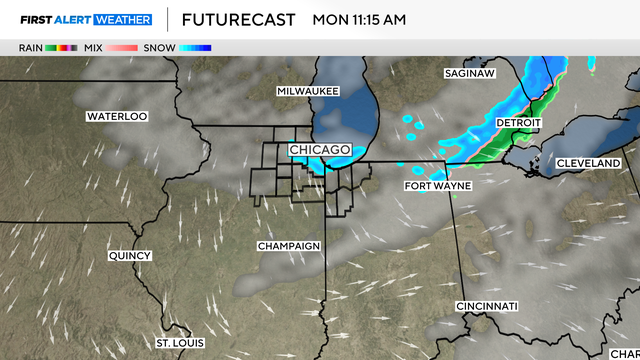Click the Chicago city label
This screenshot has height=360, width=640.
tap(320, 150)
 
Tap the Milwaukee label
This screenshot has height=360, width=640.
tap(308, 91)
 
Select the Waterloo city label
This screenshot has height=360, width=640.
tap(117, 116)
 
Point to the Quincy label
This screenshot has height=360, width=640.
tap(130, 255)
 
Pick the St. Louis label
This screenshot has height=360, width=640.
tap(181, 343)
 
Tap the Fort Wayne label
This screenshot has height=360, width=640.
tap(438, 186)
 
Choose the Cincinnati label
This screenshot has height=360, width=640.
tap(486, 305)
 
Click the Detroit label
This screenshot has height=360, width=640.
tap(518, 123)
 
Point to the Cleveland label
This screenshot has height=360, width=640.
tap(589, 162)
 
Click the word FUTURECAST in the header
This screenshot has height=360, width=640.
tap(239, 19)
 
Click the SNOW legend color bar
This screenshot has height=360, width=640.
tap(196, 47)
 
